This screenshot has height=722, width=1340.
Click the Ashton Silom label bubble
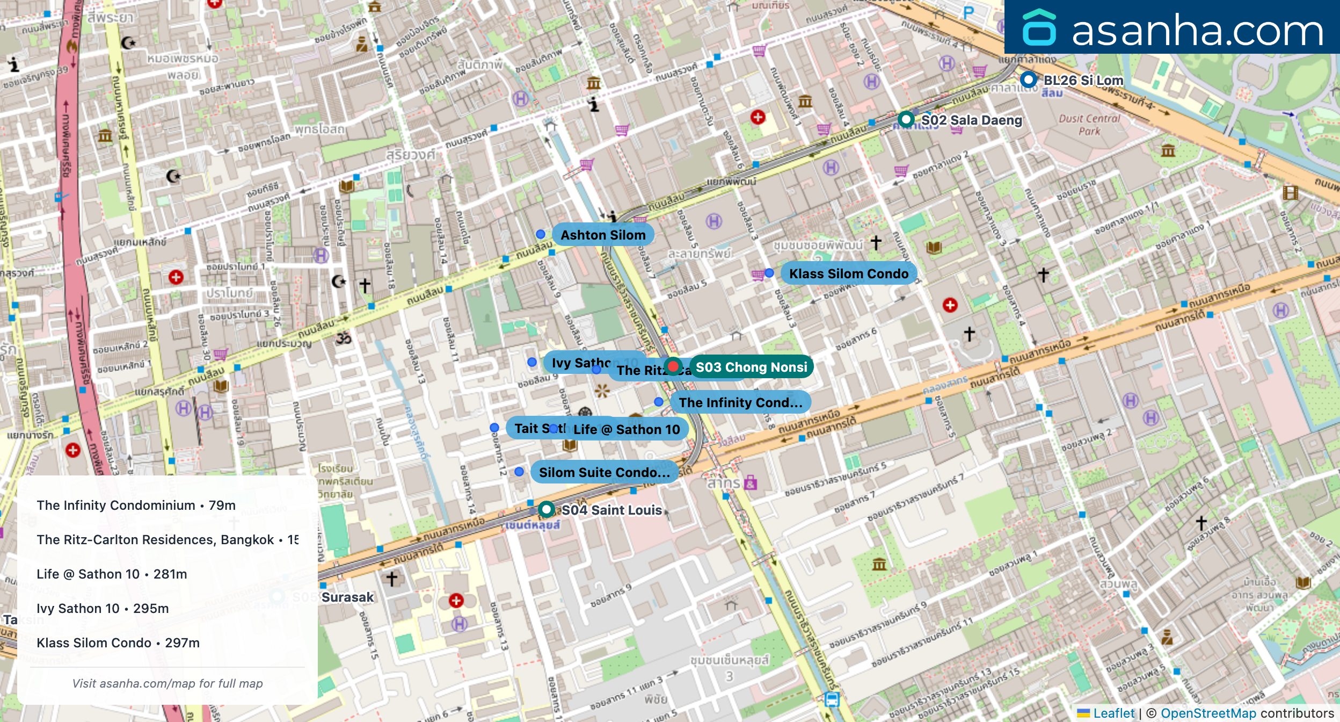(x=602, y=235)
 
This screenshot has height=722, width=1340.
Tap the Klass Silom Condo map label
(x=848, y=273)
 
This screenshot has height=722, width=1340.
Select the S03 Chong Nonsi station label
(x=751, y=367)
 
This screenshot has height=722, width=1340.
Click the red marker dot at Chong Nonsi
(x=673, y=366)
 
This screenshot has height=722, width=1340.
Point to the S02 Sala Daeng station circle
(x=906, y=119)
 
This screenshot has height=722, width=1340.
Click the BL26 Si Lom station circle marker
(x=1028, y=80)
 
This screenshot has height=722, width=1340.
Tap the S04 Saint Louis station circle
(x=546, y=509)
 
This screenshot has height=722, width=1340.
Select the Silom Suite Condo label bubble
(x=604, y=472)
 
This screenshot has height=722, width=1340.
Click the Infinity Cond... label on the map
(x=740, y=402)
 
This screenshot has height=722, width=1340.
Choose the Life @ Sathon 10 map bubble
(x=626, y=429)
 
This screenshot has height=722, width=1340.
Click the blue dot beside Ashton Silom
(x=541, y=234)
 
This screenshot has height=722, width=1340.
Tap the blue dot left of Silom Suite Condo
(x=519, y=472)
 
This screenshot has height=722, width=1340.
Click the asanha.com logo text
(x=1197, y=31)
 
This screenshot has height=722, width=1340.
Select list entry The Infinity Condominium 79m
(x=136, y=506)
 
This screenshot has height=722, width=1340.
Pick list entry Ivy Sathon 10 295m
(x=103, y=609)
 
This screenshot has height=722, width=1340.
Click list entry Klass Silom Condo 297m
(x=118, y=643)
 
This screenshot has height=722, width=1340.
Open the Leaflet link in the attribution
(x=1113, y=713)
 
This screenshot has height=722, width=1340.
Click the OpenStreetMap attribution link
(x=1208, y=713)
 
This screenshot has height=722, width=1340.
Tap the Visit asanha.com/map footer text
(x=167, y=683)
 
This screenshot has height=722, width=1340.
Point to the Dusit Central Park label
(x=1089, y=125)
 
